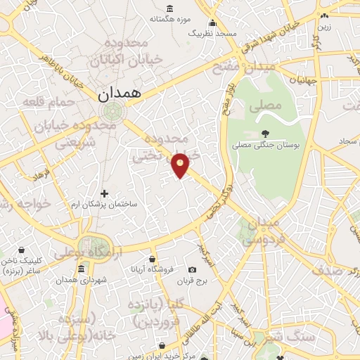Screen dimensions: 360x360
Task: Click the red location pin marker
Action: click(181, 165)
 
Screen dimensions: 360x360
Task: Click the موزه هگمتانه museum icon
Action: click(171, 9)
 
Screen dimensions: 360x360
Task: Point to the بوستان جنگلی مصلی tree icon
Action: click(264, 134)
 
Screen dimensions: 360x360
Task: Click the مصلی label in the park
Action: click(265, 106)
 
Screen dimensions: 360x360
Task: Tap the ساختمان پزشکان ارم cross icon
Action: click(105, 193)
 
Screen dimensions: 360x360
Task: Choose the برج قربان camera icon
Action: click(193, 270)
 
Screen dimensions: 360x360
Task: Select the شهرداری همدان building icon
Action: click(82, 269)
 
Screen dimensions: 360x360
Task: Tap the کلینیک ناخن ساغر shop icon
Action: click(21, 250)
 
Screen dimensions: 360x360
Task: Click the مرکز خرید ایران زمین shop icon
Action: click(162, 346)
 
